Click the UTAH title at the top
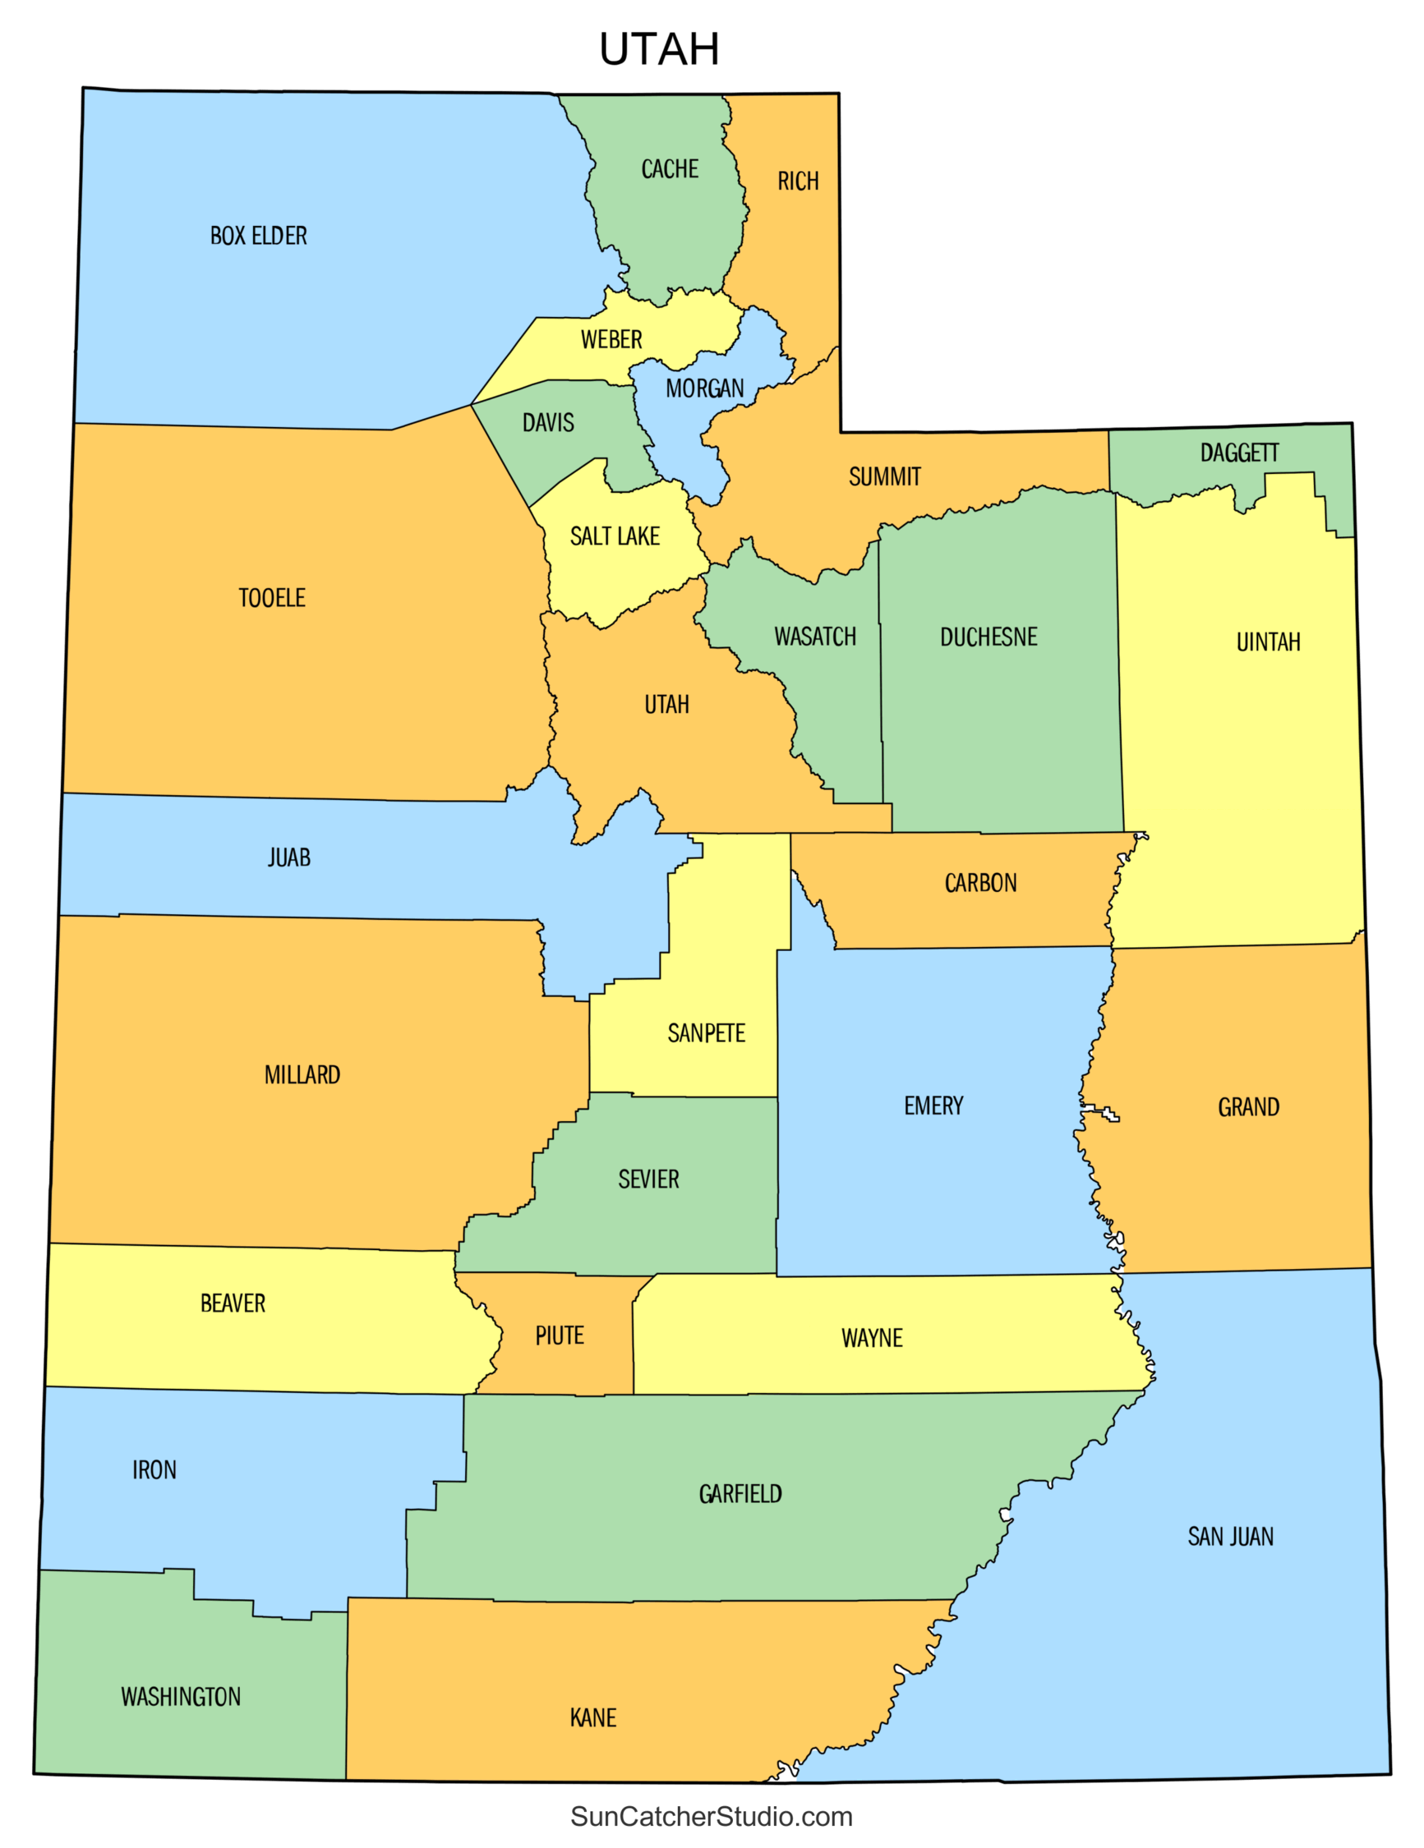coord(659,49)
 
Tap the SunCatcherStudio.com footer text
coord(711,1816)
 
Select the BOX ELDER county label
coord(258,235)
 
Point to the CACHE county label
coord(670,169)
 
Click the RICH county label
coord(798,181)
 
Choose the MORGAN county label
coord(704,388)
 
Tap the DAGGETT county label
coord(1238,453)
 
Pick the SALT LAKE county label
coord(615,536)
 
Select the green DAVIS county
coord(559,440)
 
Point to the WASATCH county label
coord(814,637)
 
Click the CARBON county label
coord(980,884)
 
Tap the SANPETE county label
coord(706,1033)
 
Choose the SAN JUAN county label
coord(1230,1536)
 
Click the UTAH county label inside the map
coord(666,704)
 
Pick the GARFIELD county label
coord(740,1493)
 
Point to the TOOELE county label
coord(272,598)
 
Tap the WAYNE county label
coord(872,1338)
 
